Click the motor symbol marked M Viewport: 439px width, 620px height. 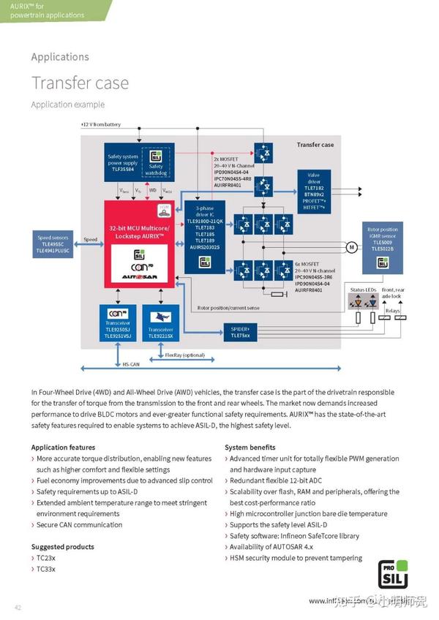(x=352, y=246)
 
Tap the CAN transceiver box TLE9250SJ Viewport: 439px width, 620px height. (x=119, y=325)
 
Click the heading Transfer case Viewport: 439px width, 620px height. (x=80, y=83)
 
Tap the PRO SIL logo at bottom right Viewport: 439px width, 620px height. (x=394, y=575)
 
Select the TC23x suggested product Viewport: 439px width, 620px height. (x=46, y=558)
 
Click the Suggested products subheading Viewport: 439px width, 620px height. (x=62, y=547)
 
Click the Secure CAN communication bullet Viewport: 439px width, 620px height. (x=80, y=525)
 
